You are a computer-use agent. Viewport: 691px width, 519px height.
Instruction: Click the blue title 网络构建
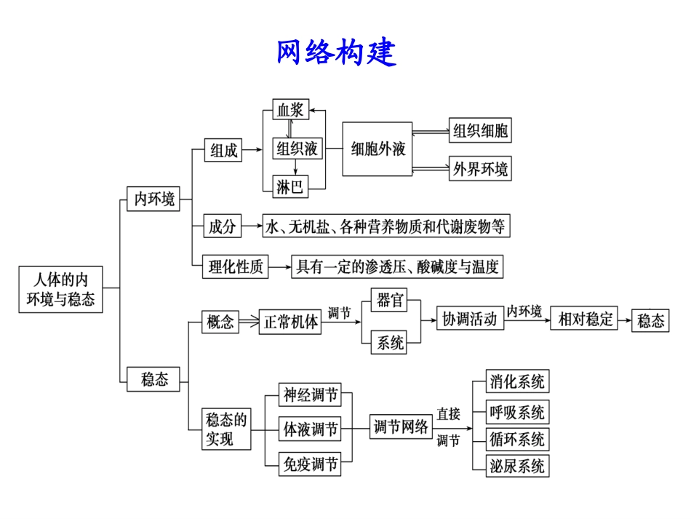coord(336,52)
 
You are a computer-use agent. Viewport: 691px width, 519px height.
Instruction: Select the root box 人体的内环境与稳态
coord(60,289)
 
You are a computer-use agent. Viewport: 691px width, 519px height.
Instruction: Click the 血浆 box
coord(290,111)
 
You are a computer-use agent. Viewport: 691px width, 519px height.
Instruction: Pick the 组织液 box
coord(297,149)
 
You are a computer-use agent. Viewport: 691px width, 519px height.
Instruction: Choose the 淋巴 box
coord(289,187)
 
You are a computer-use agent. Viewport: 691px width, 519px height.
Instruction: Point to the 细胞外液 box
coord(378,149)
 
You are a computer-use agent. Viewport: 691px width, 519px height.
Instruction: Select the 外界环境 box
coord(480,169)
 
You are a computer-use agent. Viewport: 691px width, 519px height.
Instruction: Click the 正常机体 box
coord(289,322)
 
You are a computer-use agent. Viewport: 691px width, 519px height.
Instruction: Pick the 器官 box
coord(391,300)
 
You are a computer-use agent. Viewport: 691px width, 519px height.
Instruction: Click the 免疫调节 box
coord(310,464)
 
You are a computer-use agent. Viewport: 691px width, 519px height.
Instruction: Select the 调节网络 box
coord(401,427)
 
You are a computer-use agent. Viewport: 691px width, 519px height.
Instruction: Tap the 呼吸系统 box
coord(517,413)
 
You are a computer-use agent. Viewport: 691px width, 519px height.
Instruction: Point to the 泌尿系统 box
coord(517,466)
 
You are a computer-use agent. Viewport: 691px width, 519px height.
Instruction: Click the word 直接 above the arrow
coord(448,414)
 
